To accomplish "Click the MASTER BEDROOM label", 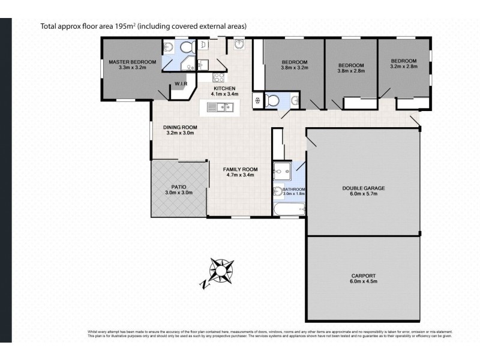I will tap(132, 62).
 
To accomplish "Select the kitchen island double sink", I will tap(218, 107).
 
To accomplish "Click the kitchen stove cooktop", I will tap(218, 77).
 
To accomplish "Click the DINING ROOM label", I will tap(181, 127).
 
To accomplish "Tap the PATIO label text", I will tap(179, 187).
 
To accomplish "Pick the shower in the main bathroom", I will tap(282, 172).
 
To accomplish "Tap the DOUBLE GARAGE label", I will tap(364, 188).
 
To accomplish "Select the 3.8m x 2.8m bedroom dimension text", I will tap(351, 71).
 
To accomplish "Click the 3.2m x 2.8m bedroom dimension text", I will tap(403, 67).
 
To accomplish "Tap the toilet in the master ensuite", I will tap(185, 47).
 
